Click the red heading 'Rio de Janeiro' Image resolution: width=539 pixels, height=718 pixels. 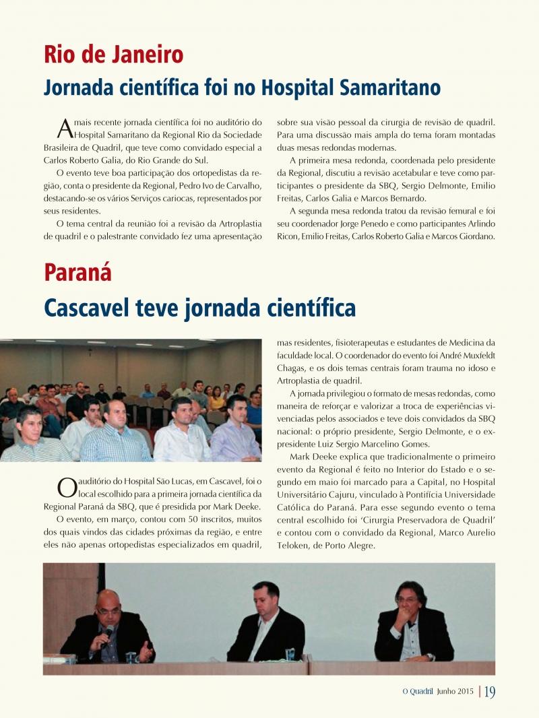point(114,54)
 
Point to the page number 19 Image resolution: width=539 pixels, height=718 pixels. point(490,692)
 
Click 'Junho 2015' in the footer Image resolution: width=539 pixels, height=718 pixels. point(455,692)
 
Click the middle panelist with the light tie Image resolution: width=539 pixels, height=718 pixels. point(265,623)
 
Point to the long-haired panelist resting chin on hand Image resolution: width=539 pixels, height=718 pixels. point(412,623)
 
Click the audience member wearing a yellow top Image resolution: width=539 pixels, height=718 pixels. point(217,401)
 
